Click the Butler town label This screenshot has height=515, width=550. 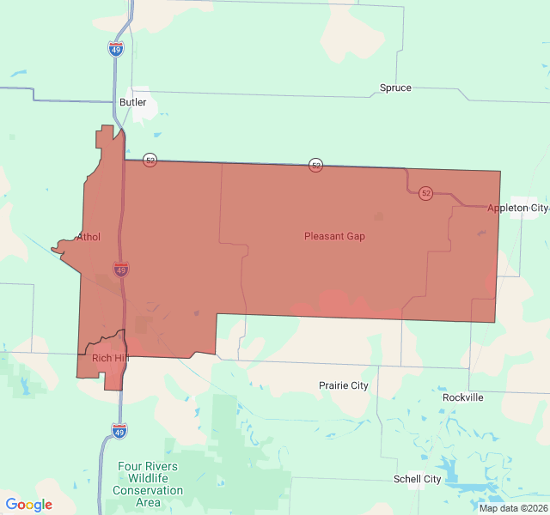pos(133,102)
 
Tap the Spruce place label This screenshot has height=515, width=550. pos(395,88)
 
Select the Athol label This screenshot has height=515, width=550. pos(89,237)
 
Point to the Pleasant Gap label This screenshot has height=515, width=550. pos(334,236)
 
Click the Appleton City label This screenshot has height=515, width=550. pos(516,209)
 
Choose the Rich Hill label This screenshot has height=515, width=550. pos(110,358)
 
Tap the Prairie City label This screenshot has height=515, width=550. pos(343,385)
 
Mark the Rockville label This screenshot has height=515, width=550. pos(463,397)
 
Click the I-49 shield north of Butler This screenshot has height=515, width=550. pos(115,49)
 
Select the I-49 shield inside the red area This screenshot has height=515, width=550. pos(121,270)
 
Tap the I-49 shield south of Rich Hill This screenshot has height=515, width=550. pos(119,430)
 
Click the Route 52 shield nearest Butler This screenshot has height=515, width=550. pos(150,161)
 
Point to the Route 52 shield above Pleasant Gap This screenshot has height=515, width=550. pos(316,165)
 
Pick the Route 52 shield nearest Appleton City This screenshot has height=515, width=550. pos(426,193)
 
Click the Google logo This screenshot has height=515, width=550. pos(29,505)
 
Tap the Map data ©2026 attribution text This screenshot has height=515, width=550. pos(513,508)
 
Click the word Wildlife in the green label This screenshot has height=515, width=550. pos(149,478)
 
